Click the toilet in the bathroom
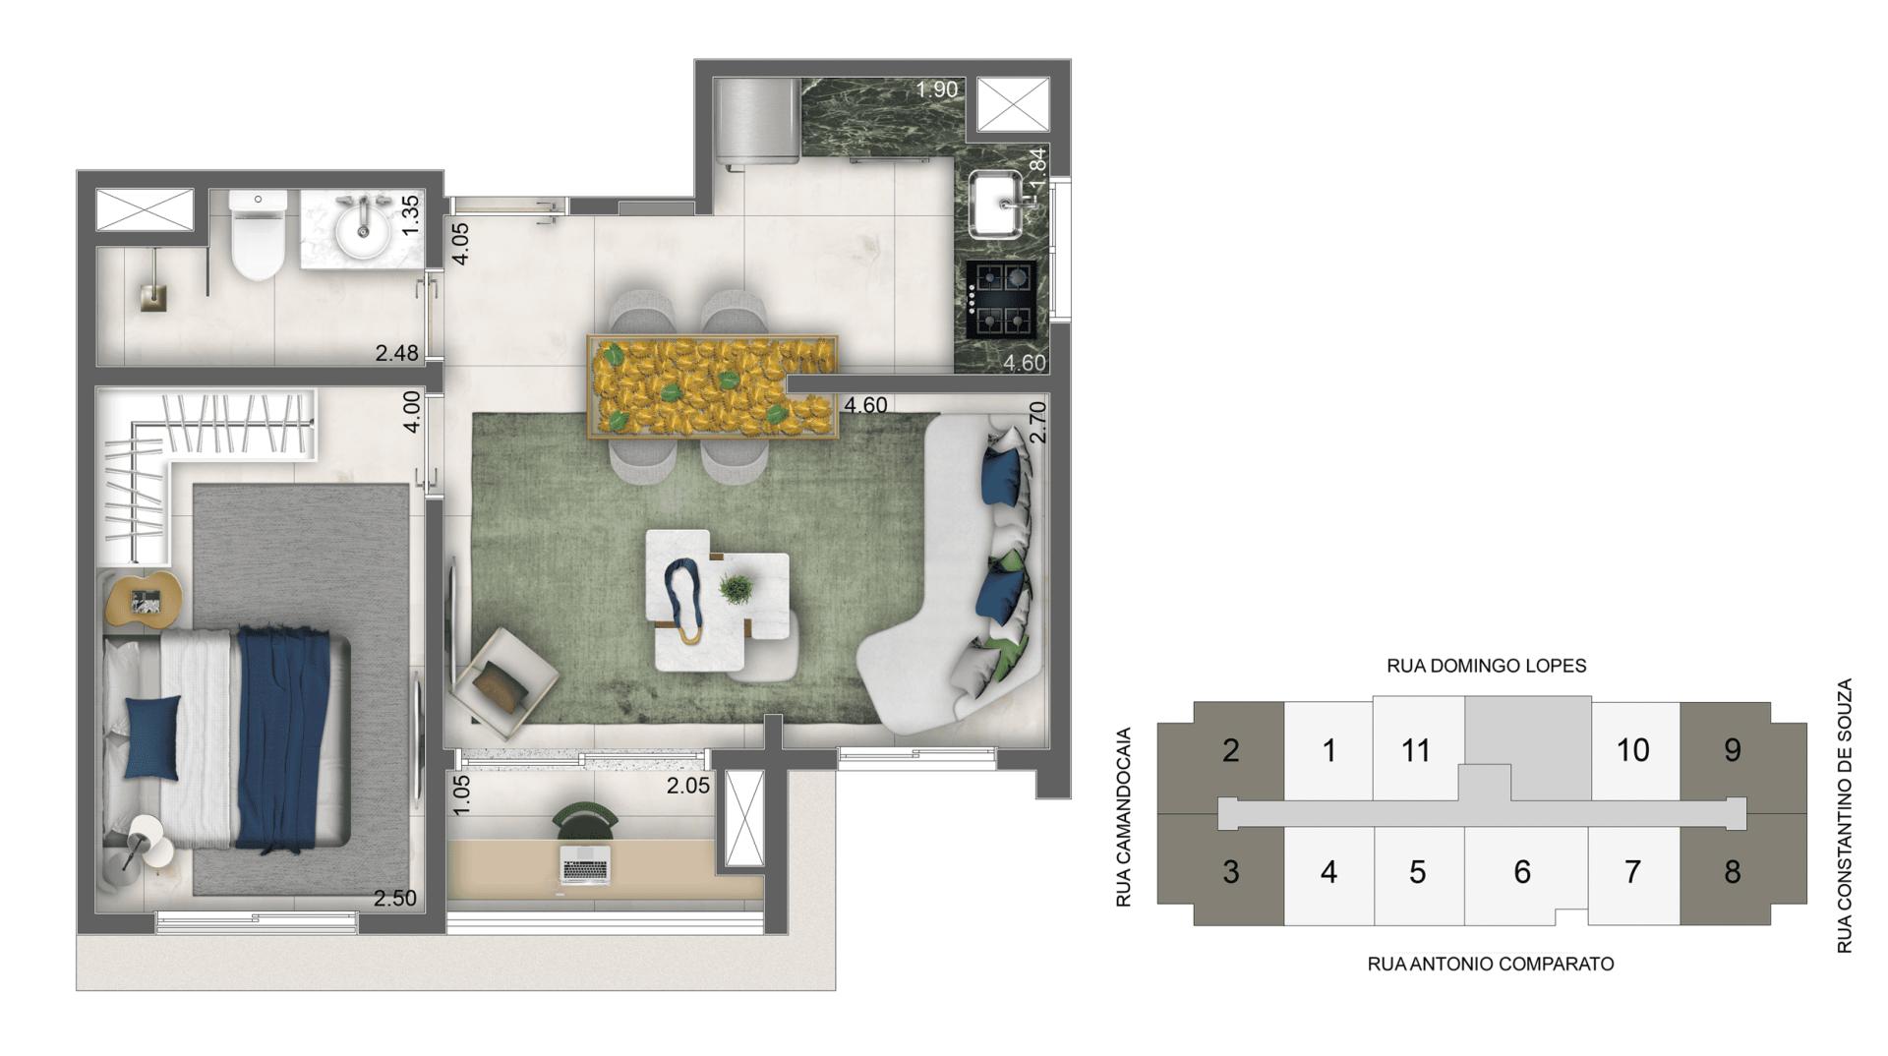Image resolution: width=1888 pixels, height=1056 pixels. tap(258, 236)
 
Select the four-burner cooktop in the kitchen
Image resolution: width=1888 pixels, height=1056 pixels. tap(1001, 299)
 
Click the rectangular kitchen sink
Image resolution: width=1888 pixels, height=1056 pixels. tap(999, 205)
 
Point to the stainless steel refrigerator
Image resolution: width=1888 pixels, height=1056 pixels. tap(758, 120)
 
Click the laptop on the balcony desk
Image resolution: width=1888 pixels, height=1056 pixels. tap(585, 864)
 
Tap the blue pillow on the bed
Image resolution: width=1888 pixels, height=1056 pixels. tap(153, 737)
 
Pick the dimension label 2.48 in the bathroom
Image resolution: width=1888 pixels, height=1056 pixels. tap(396, 353)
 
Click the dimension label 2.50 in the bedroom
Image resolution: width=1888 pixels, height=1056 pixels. tap(394, 898)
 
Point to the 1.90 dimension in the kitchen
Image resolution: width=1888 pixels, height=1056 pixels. tap(936, 89)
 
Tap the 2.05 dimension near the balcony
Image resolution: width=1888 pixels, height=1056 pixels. tap(687, 786)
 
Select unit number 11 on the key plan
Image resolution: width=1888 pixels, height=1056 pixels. tap(1415, 751)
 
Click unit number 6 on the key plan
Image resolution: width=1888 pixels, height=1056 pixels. tap(1521, 872)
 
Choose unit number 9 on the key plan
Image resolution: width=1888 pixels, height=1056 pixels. tap(1732, 751)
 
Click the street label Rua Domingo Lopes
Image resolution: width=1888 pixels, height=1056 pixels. tap(1486, 666)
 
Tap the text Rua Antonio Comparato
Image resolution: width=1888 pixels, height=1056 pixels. tap(1490, 965)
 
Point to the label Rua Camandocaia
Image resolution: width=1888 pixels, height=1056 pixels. tap(1125, 816)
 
